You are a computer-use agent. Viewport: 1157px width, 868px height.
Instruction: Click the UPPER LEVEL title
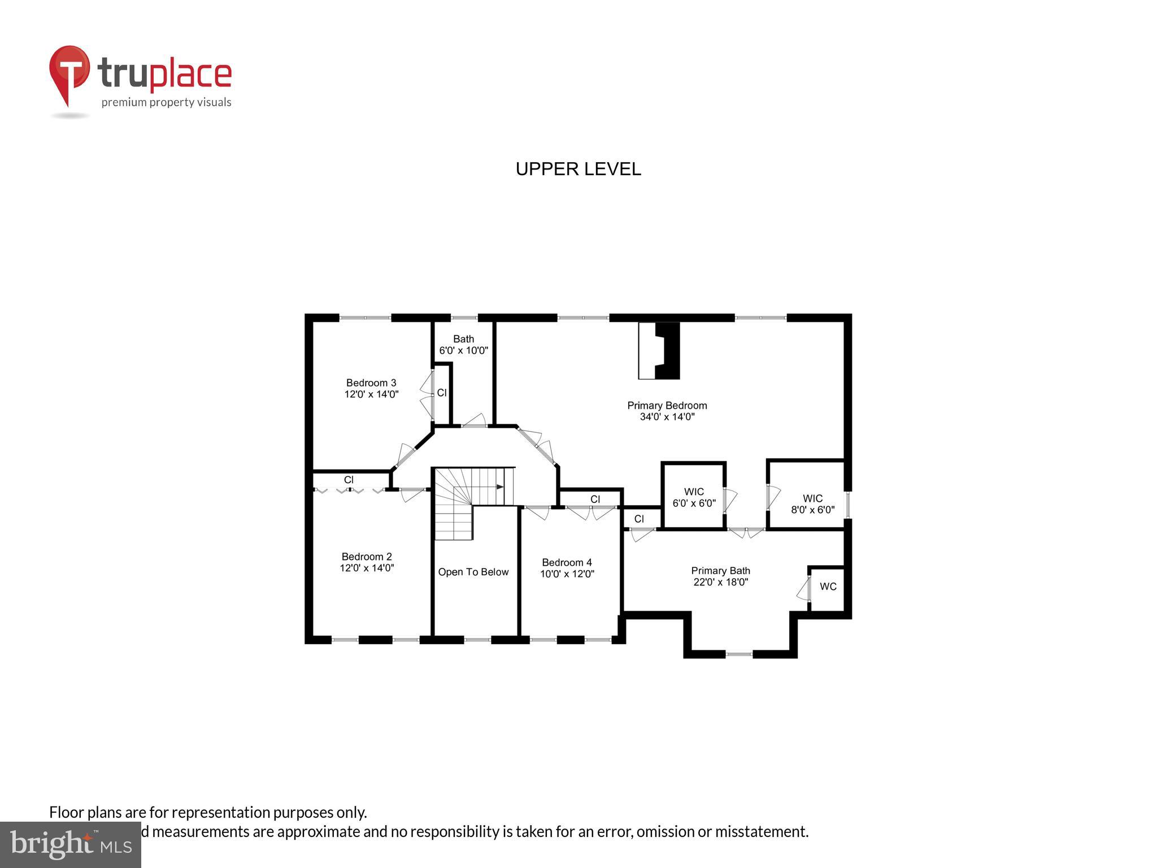point(578,169)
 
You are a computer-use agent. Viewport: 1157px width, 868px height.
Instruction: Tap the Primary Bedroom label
point(667,406)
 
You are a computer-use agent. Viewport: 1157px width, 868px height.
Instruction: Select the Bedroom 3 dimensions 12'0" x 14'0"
point(371,394)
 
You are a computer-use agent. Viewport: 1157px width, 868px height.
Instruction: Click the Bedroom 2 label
point(366,557)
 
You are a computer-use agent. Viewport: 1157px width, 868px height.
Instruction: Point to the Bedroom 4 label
point(567,562)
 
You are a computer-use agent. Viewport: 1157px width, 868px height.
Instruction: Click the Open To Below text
point(473,572)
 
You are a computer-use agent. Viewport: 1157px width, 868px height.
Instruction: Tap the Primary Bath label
point(720,571)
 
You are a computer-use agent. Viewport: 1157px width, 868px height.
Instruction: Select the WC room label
point(828,587)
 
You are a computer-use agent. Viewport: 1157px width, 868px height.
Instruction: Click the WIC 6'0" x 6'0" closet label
point(694,497)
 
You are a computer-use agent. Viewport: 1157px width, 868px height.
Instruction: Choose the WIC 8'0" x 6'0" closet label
point(812,504)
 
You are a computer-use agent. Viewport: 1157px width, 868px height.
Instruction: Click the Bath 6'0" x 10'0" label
point(463,345)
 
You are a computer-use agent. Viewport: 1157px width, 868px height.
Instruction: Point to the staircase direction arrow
point(499,487)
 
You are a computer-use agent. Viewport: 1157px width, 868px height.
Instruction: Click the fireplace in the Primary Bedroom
point(660,350)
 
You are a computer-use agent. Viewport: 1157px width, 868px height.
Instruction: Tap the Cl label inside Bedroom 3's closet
point(442,393)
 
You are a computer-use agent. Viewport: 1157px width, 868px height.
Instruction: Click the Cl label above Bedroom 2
point(349,480)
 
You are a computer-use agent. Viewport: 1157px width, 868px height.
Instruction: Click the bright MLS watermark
point(70,844)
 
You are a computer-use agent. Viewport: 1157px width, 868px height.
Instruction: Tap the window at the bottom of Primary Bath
point(739,654)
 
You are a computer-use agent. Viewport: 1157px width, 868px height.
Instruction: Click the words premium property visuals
point(166,102)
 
